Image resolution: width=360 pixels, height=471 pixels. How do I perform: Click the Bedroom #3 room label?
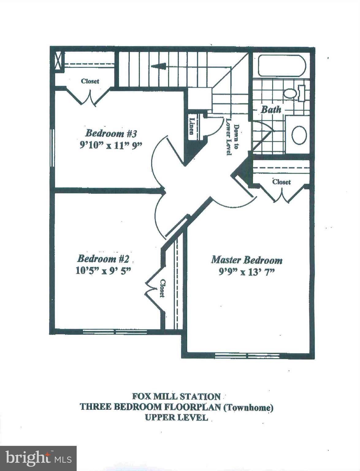click(111, 134)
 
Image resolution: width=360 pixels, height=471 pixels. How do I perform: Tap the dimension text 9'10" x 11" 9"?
click(111, 145)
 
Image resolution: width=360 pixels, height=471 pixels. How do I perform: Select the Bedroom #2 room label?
click(103, 259)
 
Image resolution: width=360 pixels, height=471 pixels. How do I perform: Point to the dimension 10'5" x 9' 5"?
click(103, 270)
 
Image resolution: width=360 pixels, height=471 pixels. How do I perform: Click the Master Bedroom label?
click(247, 260)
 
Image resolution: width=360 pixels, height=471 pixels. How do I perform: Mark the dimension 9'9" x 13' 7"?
click(246, 272)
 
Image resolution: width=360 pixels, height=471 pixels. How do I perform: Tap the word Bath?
click(271, 109)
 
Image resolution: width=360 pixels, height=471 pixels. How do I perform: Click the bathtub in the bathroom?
click(282, 66)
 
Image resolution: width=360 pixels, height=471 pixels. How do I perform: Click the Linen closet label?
click(192, 126)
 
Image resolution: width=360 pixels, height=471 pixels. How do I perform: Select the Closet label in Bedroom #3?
click(90, 81)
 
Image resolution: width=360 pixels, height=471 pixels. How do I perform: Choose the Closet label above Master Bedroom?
click(281, 182)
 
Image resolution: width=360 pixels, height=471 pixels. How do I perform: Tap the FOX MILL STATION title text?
click(176, 396)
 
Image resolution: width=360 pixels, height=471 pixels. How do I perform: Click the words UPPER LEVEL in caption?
click(176, 417)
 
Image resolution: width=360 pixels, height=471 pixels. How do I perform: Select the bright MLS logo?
click(38, 458)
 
